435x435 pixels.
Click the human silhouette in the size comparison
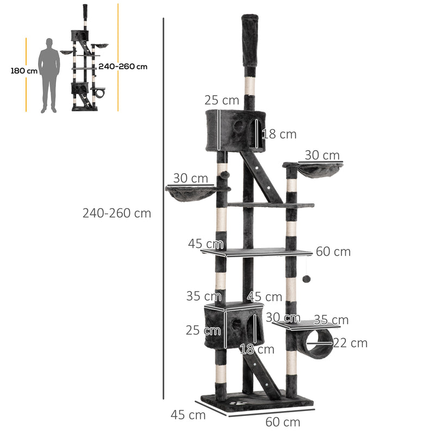[x=49, y=75]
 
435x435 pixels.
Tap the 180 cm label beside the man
[x=24, y=71]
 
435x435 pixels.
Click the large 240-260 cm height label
[x=117, y=213]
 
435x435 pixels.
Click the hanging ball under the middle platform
[x=306, y=279]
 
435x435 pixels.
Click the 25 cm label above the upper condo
[x=222, y=100]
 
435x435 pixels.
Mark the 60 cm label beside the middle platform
[x=333, y=252]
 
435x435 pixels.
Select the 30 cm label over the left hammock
[x=190, y=178]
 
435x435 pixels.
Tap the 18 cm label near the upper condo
[x=279, y=134]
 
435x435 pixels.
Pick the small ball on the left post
[x=225, y=176]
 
